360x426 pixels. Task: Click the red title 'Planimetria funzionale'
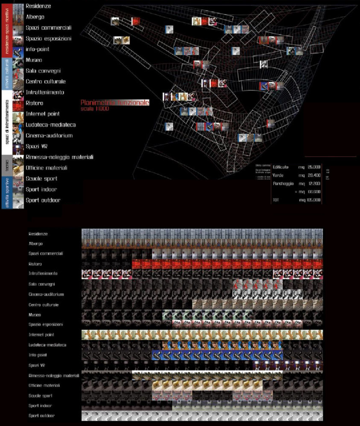tap(115, 103)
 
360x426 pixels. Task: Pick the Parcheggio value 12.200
tap(313, 183)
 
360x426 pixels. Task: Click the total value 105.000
tap(313, 200)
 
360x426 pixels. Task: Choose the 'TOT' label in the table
tap(276, 200)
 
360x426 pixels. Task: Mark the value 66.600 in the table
tap(313, 192)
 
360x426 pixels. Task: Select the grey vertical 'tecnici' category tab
tap(6, 165)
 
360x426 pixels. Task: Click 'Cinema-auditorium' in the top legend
tap(49, 135)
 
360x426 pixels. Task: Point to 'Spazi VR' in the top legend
tap(36, 147)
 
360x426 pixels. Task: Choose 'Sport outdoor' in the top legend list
tap(43, 200)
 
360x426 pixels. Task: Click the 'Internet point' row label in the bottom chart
tap(44, 335)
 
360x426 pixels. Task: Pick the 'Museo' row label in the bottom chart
tap(35, 315)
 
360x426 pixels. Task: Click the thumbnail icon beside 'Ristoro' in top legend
tap(18, 103)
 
